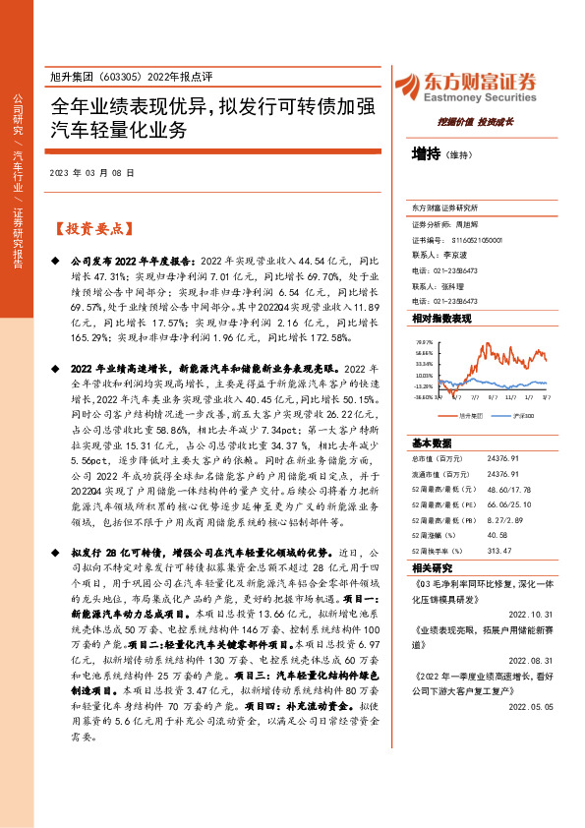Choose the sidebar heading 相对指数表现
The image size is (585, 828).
pos(441,320)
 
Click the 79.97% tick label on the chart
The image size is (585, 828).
pos(424,341)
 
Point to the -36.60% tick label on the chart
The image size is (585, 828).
pos(422,398)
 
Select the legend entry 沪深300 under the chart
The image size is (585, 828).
pos(523,416)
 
